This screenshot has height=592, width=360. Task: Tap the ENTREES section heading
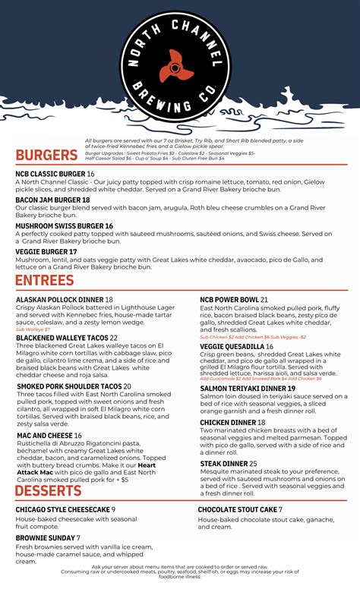click(x=45, y=281)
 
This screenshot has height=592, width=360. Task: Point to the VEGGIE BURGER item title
click(x=43, y=252)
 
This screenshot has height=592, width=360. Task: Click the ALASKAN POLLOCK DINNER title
click(x=59, y=300)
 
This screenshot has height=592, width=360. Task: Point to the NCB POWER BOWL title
click(x=229, y=300)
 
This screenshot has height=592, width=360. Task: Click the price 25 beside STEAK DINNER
click(x=253, y=463)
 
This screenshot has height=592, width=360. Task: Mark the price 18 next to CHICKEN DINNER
click(x=261, y=422)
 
